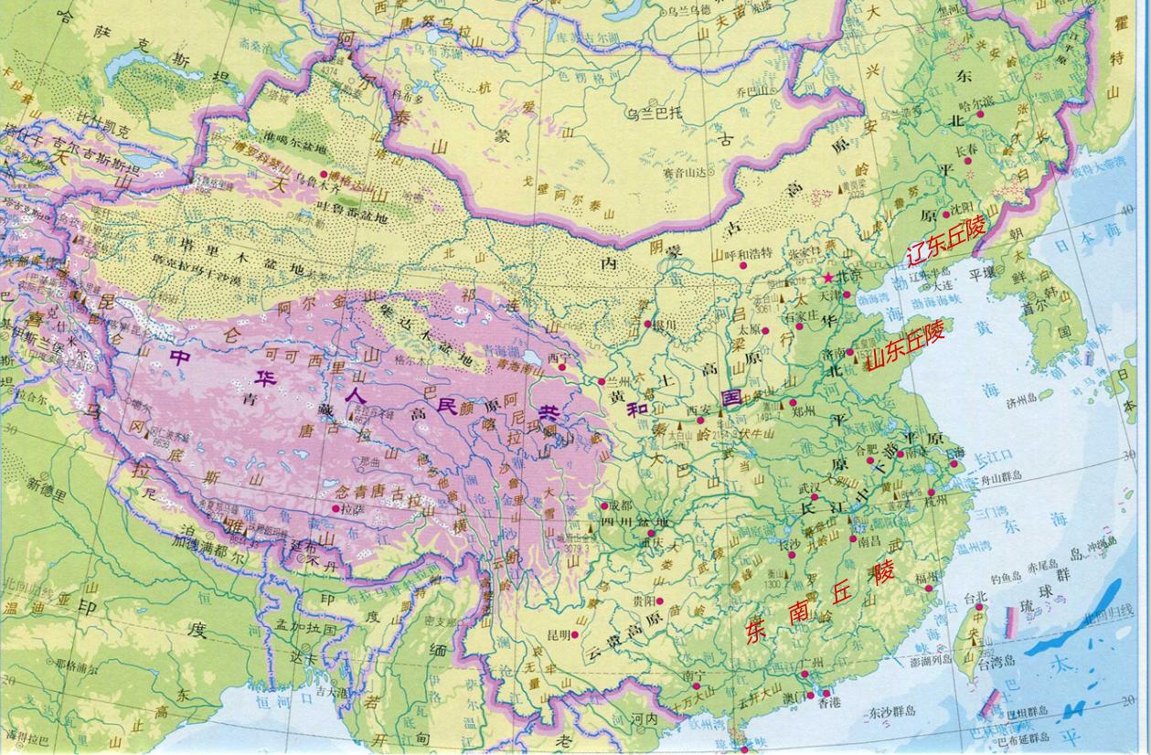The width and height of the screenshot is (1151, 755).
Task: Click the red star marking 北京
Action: click(x=829, y=276)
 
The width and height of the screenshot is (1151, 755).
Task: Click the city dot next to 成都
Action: click(x=604, y=505)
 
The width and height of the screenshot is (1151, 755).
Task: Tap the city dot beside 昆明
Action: click(x=576, y=635)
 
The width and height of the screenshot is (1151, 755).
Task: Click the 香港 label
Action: click(x=829, y=703)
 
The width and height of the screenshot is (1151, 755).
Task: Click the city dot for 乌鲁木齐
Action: click(x=324, y=175)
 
